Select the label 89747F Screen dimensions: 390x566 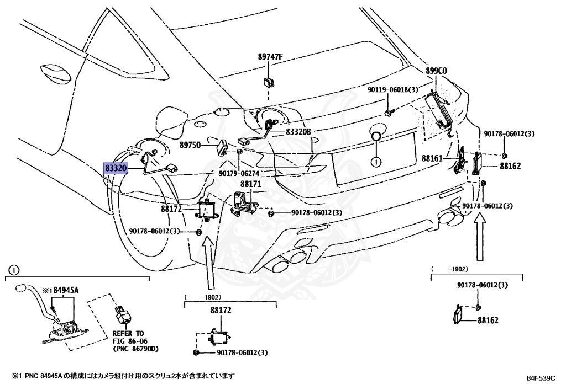270,57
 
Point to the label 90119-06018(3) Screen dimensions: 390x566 393,89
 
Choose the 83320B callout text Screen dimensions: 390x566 298,132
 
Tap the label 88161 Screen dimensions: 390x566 432,158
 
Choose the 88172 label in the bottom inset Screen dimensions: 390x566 221,311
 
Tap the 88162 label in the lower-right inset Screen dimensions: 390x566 488,320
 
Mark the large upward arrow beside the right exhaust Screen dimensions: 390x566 480,237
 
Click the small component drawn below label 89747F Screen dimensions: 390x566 270,82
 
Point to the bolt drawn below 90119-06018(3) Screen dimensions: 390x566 387,112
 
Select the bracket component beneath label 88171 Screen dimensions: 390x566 244,202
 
